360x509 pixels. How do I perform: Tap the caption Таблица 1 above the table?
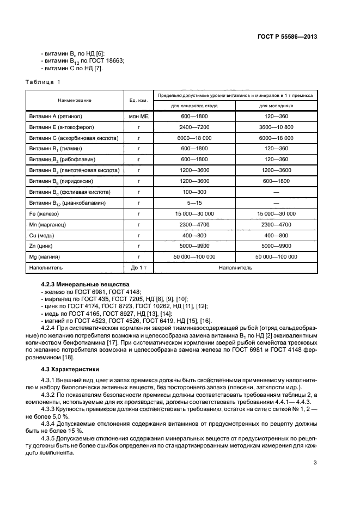[x=43, y=82]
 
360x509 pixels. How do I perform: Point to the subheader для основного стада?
[x=194, y=106]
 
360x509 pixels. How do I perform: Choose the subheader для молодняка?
[x=276, y=106]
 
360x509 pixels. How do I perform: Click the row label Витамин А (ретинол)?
[x=57, y=116]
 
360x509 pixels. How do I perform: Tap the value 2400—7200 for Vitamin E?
[x=194, y=127]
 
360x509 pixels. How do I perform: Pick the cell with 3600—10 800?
[x=276, y=127]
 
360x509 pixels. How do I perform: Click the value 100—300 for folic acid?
[x=194, y=192]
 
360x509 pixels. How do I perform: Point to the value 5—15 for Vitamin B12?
[x=194, y=203]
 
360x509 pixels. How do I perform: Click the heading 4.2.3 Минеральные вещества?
[x=85, y=284]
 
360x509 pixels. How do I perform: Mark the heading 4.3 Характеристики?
[x=68, y=369]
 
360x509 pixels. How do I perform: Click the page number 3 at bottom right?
[x=315, y=463]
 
